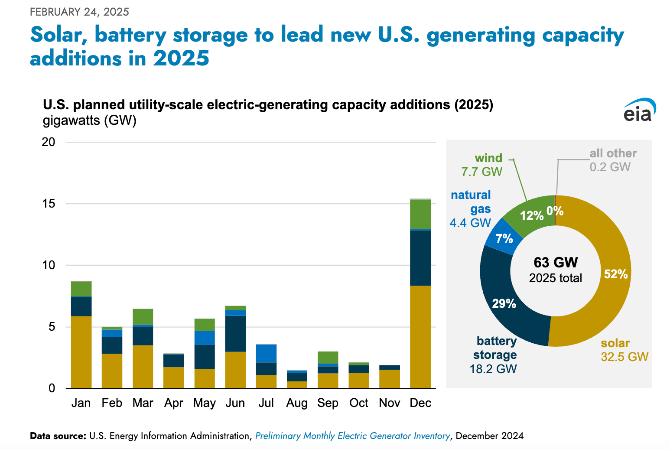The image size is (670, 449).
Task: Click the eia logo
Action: pyautogui.click(x=639, y=110)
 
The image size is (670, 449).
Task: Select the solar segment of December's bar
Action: pyautogui.click(x=420, y=337)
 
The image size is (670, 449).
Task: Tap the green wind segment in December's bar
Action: pyautogui.click(x=420, y=214)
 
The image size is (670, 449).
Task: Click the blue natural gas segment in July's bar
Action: pyautogui.click(x=266, y=353)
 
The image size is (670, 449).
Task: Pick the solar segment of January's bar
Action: pyautogui.click(x=81, y=352)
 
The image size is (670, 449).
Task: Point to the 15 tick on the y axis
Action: pyautogui.click(x=49, y=204)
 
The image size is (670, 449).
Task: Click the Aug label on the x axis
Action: pyautogui.click(x=297, y=403)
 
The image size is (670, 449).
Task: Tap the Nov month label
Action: pyautogui.click(x=389, y=403)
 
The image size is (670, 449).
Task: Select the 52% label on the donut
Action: pyautogui.click(x=615, y=274)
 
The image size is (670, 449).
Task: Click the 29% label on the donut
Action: pyautogui.click(x=504, y=303)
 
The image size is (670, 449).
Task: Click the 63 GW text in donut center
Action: pyautogui.click(x=556, y=263)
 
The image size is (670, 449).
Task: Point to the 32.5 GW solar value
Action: pyautogui.click(x=624, y=357)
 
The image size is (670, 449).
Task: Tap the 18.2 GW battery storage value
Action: pyautogui.click(x=493, y=369)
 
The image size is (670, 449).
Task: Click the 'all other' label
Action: pyautogui.click(x=613, y=153)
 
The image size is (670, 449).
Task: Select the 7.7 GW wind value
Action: pyautogui.click(x=481, y=172)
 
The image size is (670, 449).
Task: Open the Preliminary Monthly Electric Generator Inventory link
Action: pyautogui.click(x=352, y=436)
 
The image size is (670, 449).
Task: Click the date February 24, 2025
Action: pyautogui.click(x=79, y=12)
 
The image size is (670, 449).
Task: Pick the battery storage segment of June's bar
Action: pyautogui.click(x=235, y=333)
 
